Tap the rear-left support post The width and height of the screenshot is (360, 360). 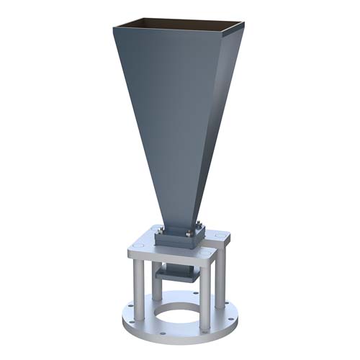157,277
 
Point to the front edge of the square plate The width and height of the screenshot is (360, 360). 170,261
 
